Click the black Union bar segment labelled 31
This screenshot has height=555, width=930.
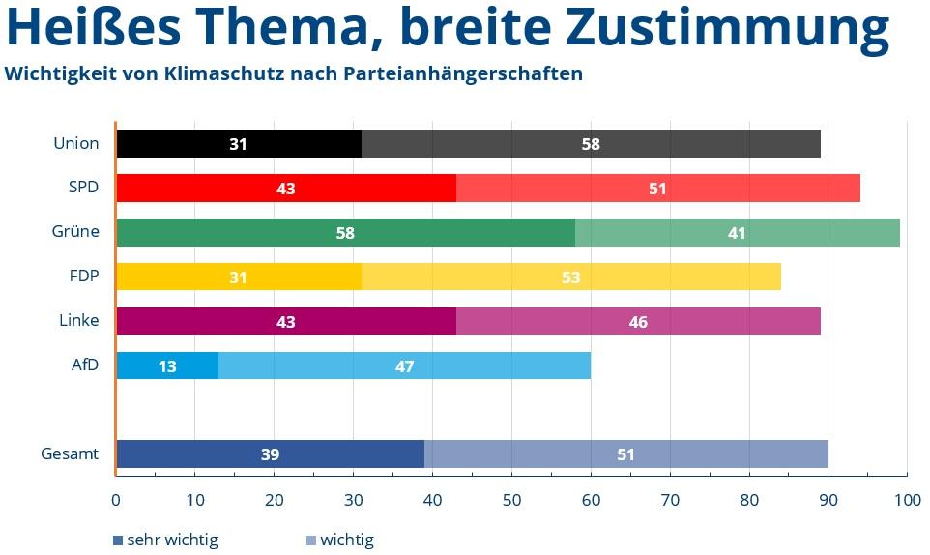[x=239, y=143]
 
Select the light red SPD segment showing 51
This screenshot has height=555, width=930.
[x=658, y=188]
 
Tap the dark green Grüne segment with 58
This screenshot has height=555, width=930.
[x=346, y=232]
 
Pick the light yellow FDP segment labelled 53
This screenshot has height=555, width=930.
[x=571, y=277]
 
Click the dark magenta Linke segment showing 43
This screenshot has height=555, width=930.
[x=286, y=321]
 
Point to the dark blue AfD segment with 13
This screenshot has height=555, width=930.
[x=168, y=365]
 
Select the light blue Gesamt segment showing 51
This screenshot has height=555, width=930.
[x=626, y=454]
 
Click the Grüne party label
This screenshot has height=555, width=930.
[x=75, y=231]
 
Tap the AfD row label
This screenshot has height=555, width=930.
[x=85, y=365]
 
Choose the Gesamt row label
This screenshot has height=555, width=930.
[x=70, y=453]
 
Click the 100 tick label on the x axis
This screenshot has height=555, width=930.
[x=908, y=500]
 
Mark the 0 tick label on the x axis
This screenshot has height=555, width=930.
[x=116, y=500]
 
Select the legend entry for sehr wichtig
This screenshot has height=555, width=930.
[x=165, y=540]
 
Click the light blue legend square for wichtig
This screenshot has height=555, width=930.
[x=311, y=540]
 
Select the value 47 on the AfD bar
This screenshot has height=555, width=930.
[x=404, y=366]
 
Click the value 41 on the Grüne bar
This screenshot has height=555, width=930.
[x=738, y=233]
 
